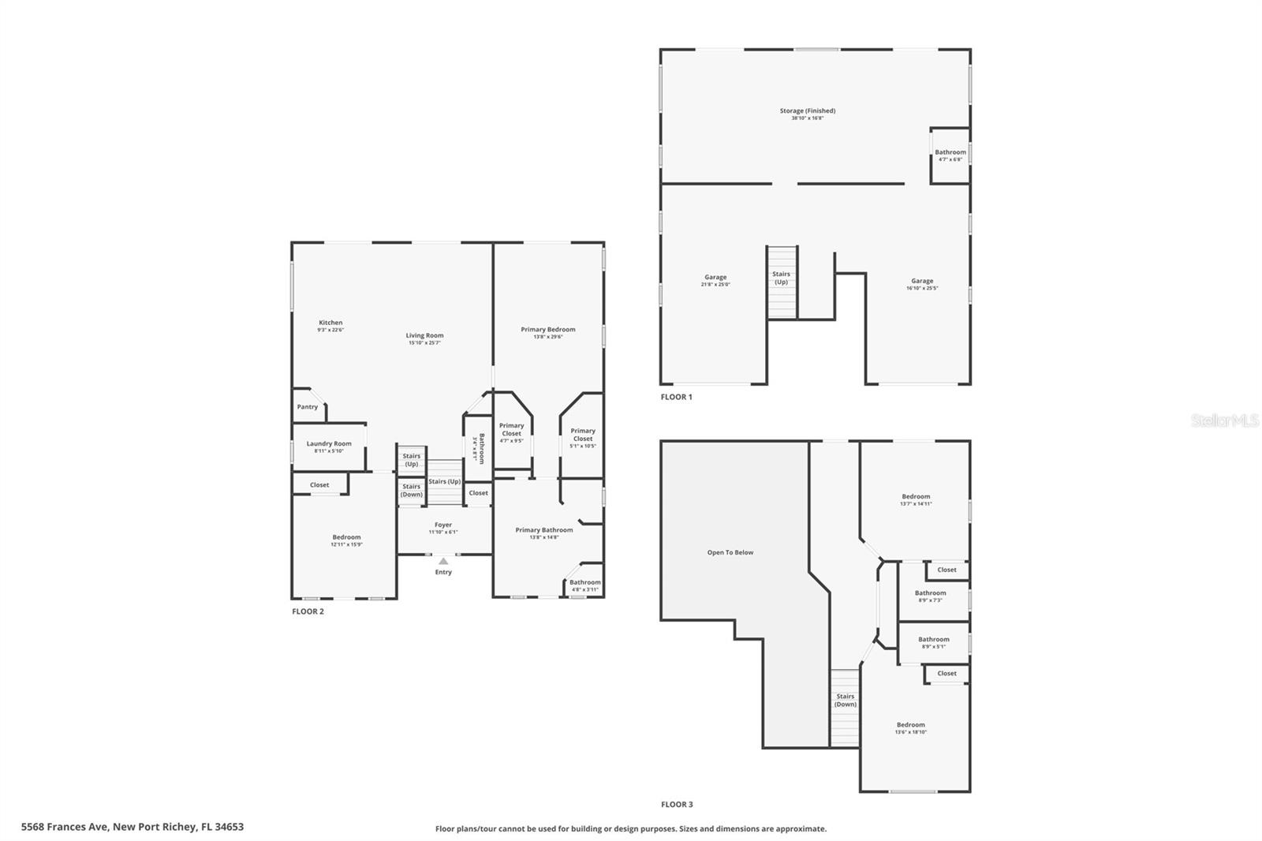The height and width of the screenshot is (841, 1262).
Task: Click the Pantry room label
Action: coord(308,407)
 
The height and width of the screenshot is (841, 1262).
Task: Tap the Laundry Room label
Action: coord(329,444)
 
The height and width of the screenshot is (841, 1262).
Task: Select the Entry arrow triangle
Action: coord(443,561)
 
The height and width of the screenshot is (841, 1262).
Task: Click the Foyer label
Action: coord(443,525)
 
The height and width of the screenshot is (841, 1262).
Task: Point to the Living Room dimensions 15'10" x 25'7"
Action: coord(424,343)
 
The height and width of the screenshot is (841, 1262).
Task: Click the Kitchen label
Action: coord(330,323)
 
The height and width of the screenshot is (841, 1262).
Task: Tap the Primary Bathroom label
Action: coord(543,530)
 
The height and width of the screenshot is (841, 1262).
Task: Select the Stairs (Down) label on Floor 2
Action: coord(411,491)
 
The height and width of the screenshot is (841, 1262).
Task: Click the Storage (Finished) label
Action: coord(808,111)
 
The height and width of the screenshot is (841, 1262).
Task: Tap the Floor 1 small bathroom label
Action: coord(950,152)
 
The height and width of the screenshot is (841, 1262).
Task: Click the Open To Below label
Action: coord(730,552)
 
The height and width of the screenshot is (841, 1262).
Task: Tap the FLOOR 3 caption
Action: coord(677,805)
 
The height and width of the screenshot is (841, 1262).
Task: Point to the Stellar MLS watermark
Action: coord(1224,421)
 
